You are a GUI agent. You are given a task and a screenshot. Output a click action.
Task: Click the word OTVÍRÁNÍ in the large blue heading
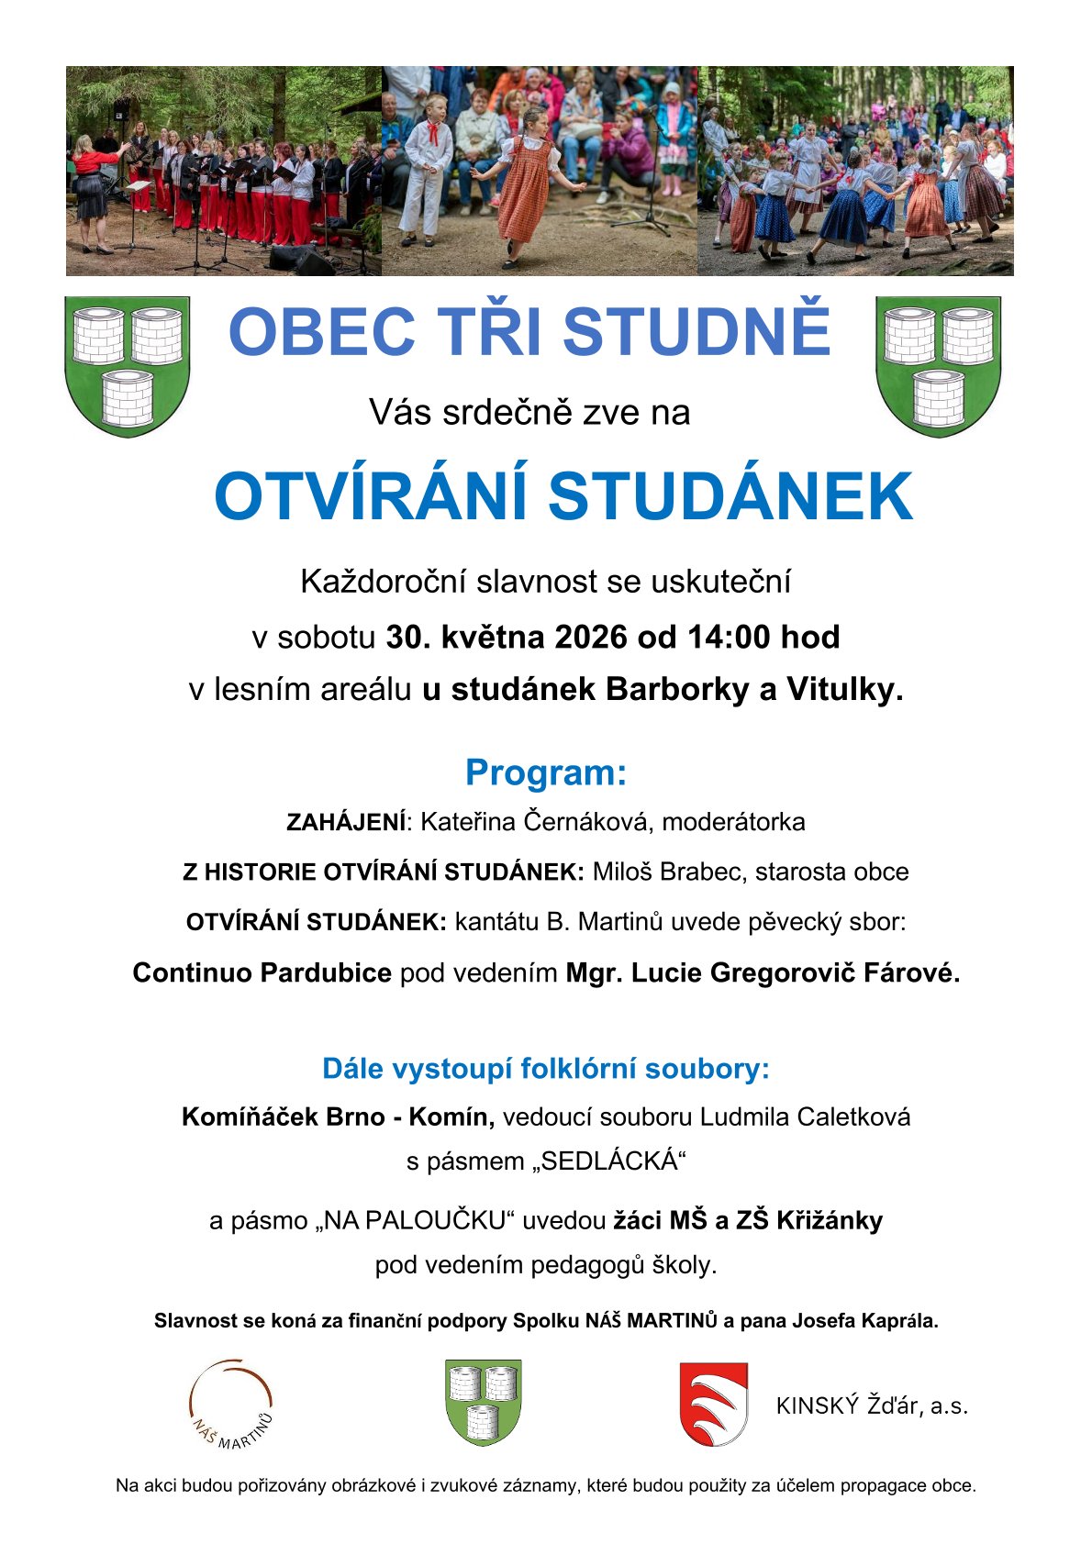pyautogui.click(x=371, y=497)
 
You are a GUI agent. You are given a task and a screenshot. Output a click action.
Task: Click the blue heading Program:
pyautogui.click(x=545, y=772)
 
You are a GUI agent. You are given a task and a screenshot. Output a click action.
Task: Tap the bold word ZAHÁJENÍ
pyautogui.click(x=345, y=822)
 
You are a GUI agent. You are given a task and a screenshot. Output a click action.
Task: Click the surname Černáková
pyautogui.click(x=583, y=821)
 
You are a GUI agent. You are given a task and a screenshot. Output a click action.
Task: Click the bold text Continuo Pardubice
pyautogui.click(x=262, y=972)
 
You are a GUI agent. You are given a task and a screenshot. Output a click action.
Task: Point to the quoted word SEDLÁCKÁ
pyautogui.click(x=609, y=1161)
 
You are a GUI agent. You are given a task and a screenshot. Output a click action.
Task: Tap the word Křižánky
pyautogui.click(x=830, y=1220)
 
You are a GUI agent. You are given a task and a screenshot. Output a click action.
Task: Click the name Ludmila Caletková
pyautogui.click(x=805, y=1116)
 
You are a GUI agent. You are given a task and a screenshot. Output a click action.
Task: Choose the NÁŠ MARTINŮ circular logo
pyautogui.click(x=231, y=1405)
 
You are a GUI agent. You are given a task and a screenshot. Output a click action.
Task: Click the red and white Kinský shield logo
pyautogui.click(x=713, y=1404)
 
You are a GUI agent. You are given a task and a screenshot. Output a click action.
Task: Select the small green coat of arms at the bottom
pyautogui.click(x=483, y=1402)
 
